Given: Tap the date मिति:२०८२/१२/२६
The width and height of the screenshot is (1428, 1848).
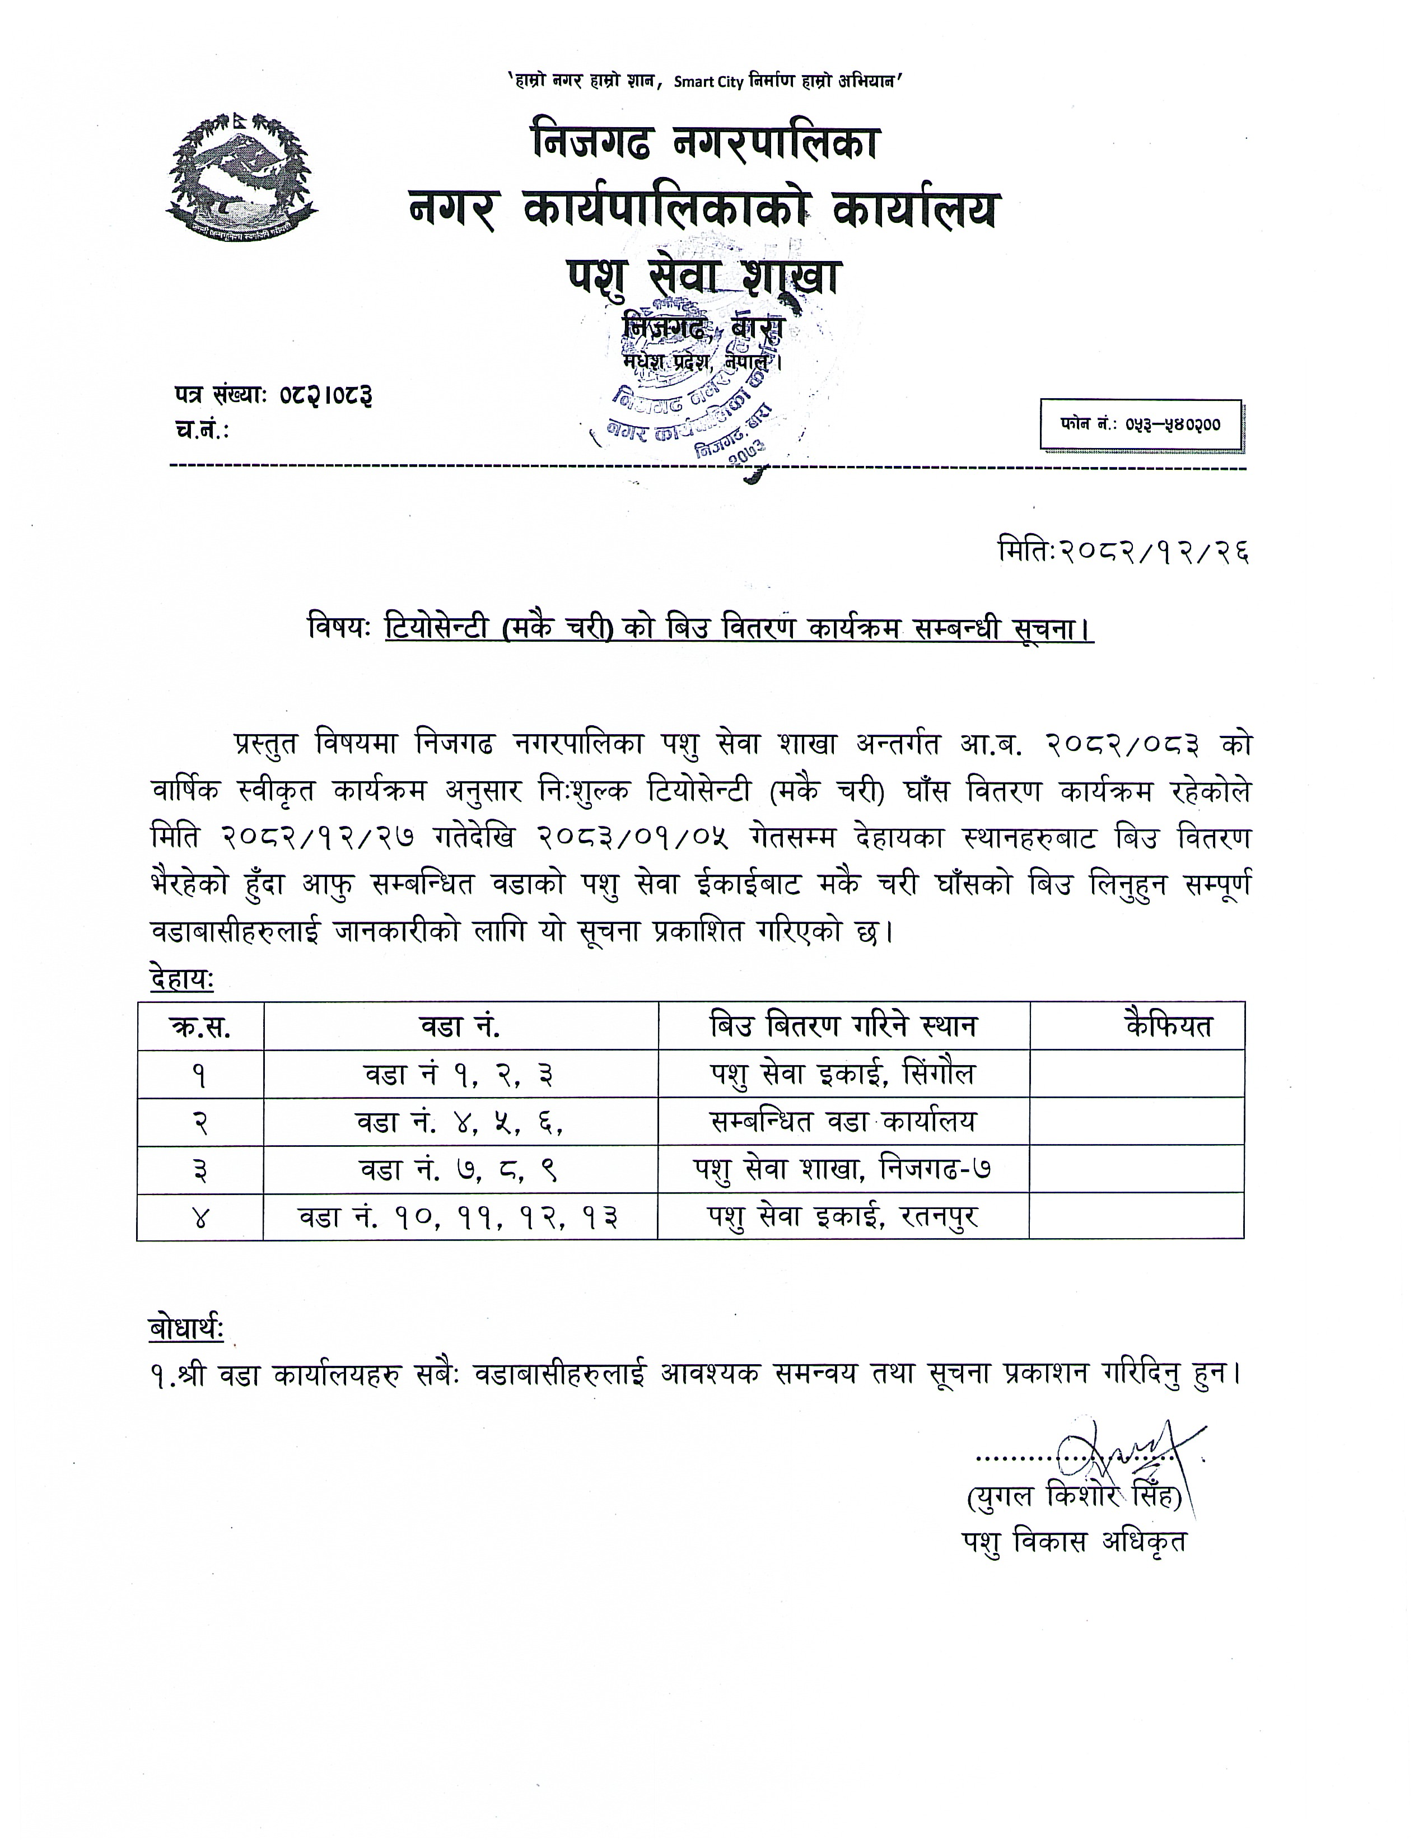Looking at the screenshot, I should click(x=1123, y=552).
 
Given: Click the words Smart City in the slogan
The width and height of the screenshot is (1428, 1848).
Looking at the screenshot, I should click(x=708, y=82).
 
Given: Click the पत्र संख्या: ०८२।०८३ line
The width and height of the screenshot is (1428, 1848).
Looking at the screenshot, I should click(x=273, y=395).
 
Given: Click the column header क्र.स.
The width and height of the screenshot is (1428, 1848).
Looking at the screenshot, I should click(x=200, y=1026).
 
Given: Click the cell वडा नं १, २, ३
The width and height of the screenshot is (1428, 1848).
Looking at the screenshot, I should click(x=459, y=1075).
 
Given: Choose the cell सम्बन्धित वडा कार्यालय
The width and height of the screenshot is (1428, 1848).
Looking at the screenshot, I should click(x=843, y=1122).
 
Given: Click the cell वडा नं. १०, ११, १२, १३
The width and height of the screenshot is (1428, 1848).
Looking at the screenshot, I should click(x=459, y=1217).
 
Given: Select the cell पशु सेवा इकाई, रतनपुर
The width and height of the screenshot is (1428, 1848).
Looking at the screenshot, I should click(x=843, y=1217).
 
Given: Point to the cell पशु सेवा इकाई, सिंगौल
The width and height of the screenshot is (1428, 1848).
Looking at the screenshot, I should click(x=843, y=1075).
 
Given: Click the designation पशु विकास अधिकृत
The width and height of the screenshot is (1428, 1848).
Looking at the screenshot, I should click(x=1074, y=1542).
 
